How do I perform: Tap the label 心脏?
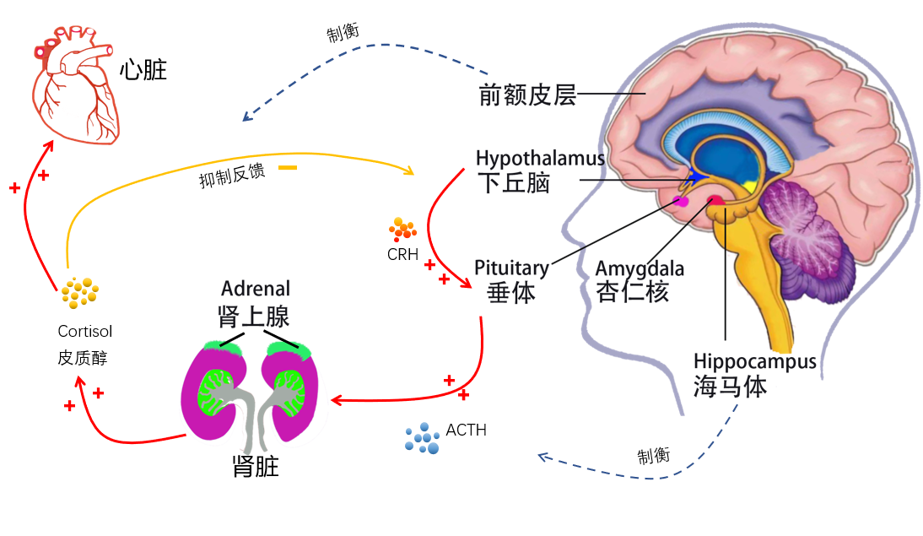coord(143,69)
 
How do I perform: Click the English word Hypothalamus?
coord(540,159)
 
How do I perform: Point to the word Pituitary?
coord(511,268)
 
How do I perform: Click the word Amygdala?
coord(640,269)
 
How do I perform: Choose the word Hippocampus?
coord(755,361)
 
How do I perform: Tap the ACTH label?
coord(467,430)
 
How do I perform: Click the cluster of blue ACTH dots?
coord(423,437)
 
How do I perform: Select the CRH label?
coord(403,252)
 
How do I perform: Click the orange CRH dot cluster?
coord(402,228)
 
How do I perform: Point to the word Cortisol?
coord(84,332)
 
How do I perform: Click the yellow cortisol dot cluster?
coord(79,292)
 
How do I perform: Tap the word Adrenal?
coord(256,290)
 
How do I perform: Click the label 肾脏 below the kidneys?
coord(256,467)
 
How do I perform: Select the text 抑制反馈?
coord(232,174)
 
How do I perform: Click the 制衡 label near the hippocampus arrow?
coord(654,456)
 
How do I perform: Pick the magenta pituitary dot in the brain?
coord(681,202)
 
